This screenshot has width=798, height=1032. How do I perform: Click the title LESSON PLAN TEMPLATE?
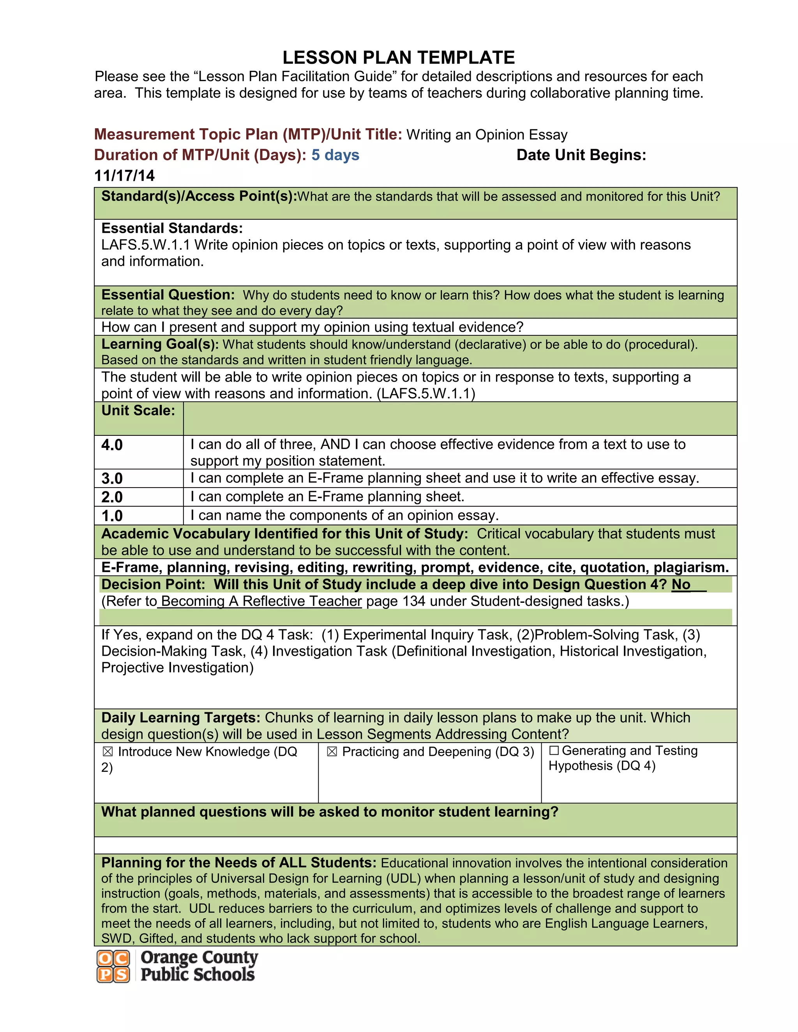pos(399,58)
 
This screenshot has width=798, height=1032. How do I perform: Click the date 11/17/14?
pos(124,176)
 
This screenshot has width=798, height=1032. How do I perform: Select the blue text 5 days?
pos(335,155)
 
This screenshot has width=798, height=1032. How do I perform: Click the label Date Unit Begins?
pos(581,155)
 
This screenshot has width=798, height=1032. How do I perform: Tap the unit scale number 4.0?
pos(112,445)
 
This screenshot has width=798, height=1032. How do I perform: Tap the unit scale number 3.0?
pos(112,479)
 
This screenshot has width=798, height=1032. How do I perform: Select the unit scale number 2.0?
pos(112,497)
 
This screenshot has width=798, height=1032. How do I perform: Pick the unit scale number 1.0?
pos(112,516)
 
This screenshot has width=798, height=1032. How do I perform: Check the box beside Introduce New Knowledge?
pos(108,752)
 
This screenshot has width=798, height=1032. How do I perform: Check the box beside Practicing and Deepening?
pos(332,752)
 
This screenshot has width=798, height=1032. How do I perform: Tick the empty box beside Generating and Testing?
pos(554,751)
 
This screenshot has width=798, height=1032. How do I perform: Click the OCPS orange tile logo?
pos(113,966)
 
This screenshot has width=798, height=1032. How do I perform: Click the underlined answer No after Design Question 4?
pos(681,585)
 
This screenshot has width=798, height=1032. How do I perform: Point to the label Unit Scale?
pos(138,410)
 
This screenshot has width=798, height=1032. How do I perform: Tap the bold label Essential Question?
pos(168,295)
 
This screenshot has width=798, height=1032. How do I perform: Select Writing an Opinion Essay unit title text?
pos(486,135)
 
